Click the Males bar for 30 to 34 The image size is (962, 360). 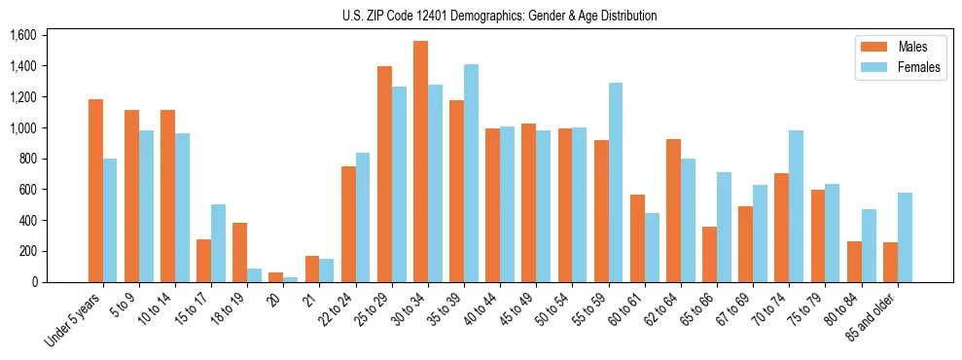pyautogui.click(x=420, y=162)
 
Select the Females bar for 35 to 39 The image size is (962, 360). pyautogui.click(x=471, y=173)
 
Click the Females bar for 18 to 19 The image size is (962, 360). pyautogui.click(x=255, y=275)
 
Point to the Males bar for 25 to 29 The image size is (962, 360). pyautogui.click(x=384, y=174)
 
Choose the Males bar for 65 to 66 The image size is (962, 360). pyautogui.click(x=709, y=254)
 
